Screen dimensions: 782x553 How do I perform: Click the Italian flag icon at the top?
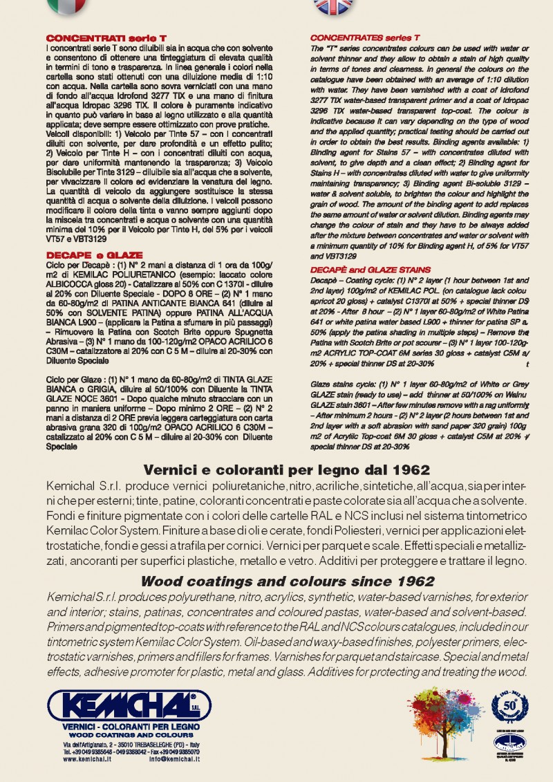pyautogui.click(x=66, y=6)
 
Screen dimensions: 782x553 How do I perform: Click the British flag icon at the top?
pyautogui.click(x=332, y=6)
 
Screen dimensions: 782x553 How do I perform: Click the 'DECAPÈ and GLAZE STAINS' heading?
pyautogui.click(x=371, y=269)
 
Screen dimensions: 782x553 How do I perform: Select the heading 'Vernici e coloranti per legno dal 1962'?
pyautogui.click(x=276, y=470)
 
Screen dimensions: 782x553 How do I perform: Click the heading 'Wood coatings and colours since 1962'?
pyautogui.click(x=276, y=581)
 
